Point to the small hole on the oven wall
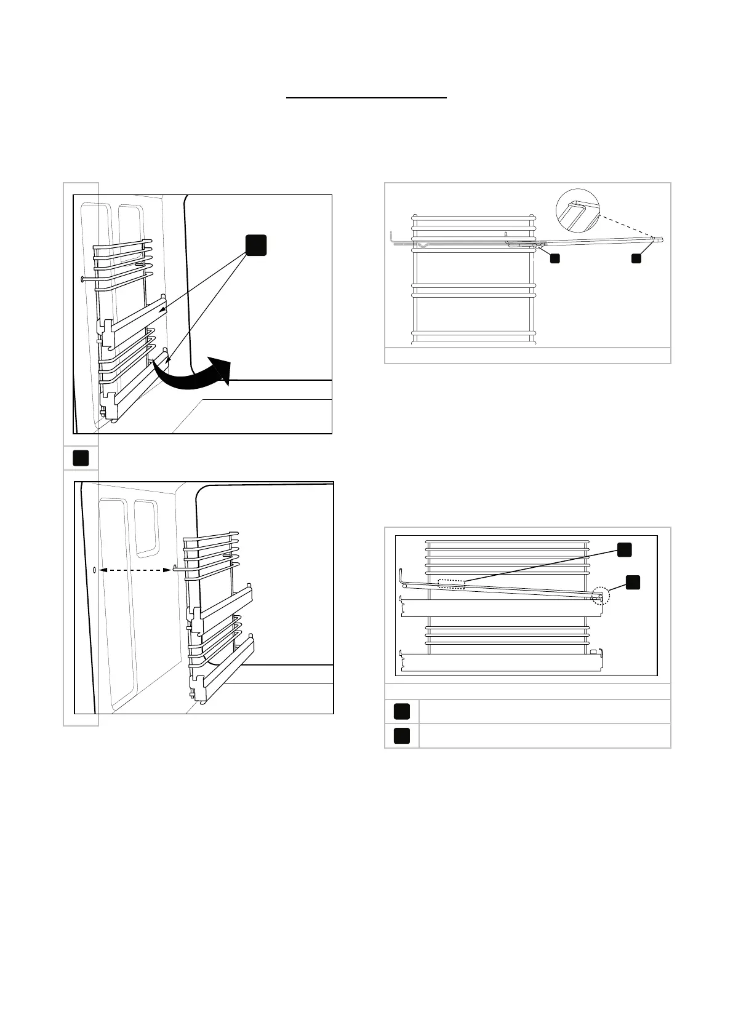[93, 570]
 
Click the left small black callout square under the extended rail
[555, 259]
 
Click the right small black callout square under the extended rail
[636, 259]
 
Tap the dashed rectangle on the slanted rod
[451, 584]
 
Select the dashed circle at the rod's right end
[600, 595]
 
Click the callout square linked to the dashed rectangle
[624, 550]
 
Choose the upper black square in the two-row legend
[402, 712]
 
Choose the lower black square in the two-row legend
[402, 736]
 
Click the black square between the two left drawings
[81, 458]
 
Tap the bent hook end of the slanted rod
[400, 577]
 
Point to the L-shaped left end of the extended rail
[393, 237]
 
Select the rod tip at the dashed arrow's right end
[175, 570]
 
